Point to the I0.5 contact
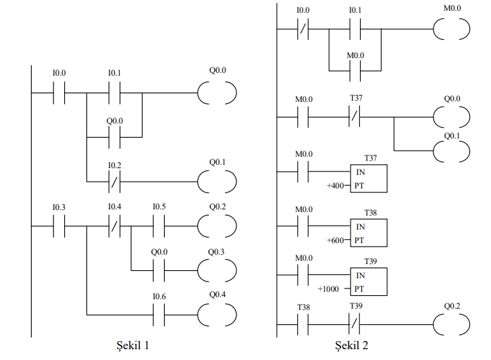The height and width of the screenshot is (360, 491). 159,226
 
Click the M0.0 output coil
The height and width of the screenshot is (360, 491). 450,30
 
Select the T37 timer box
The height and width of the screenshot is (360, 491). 369,178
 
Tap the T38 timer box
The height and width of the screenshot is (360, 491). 369,233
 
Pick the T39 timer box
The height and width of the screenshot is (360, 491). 369,282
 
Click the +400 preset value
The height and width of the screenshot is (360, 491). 336,184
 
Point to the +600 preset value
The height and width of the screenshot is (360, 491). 336,240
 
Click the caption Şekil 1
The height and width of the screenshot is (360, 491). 130,346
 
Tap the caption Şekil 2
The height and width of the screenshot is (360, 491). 353,346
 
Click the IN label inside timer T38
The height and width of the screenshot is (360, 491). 361,227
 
